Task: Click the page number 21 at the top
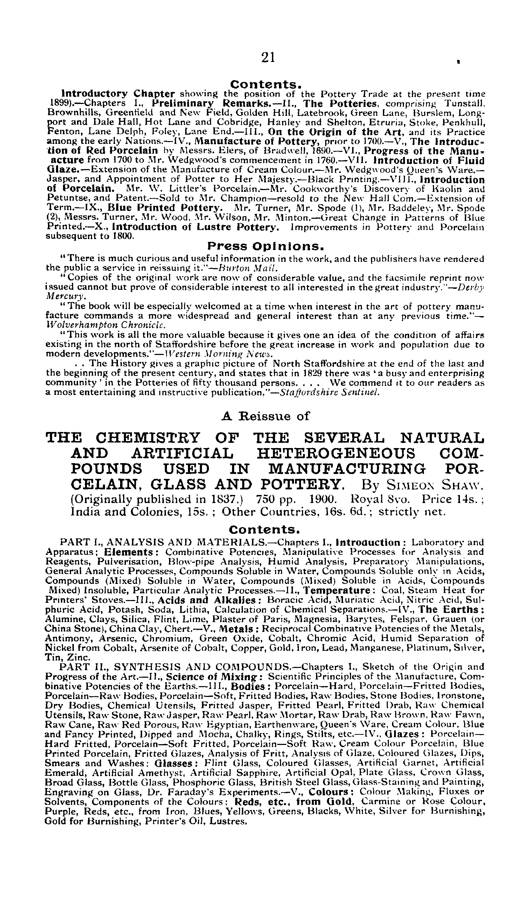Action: coord(268,57)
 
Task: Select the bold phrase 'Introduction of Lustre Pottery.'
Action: coord(195,227)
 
